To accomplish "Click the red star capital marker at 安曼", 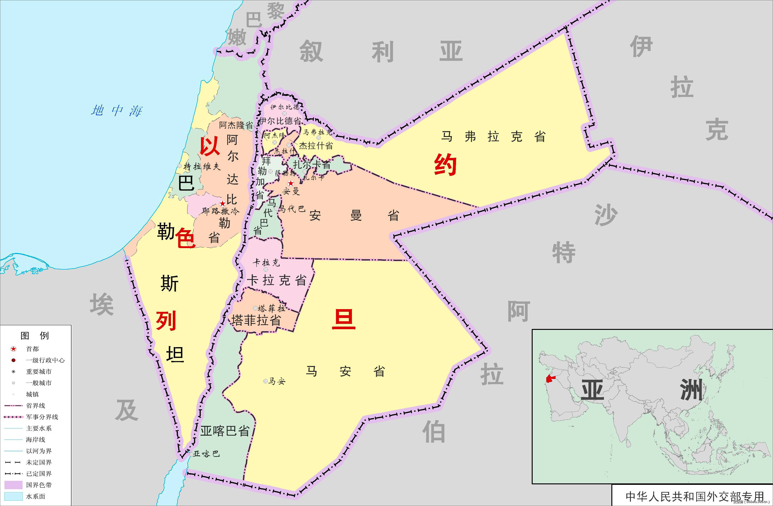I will coord(291,183).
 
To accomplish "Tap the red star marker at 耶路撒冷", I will coord(222,204).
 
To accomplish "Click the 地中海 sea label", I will coord(117,111).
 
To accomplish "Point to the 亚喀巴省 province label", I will coord(225,431).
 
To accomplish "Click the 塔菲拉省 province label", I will coord(256,320).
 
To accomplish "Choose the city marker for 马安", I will coord(265,381).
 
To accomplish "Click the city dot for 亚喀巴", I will coord(191,454).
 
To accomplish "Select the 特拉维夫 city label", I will coord(202,167).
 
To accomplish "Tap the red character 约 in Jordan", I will coord(445,165).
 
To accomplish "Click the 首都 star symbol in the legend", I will coord(13,349).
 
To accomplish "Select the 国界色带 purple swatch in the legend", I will coord(13,485).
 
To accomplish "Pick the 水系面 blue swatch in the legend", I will coord(13,496).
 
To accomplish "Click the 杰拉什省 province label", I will coord(316,146).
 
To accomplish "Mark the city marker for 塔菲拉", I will coord(255,308).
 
